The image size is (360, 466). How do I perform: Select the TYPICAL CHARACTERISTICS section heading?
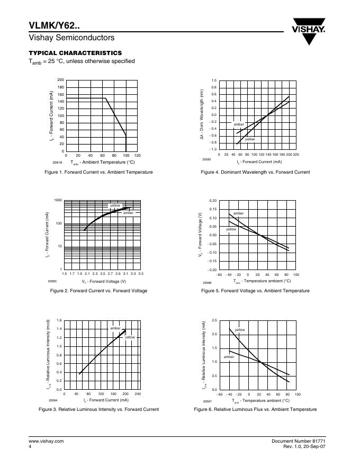(75, 53)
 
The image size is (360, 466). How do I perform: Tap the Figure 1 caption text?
(98, 172)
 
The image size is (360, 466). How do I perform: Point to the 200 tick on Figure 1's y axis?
(60, 80)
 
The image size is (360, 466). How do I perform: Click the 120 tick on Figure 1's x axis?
(137, 156)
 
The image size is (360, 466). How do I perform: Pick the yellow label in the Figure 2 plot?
(116, 205)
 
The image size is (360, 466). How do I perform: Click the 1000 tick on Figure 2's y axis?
(58, 200)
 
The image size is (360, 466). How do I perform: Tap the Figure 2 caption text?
(98, 291)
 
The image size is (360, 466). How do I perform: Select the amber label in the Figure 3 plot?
(115, 328)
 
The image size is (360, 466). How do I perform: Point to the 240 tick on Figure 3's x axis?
(138, 393)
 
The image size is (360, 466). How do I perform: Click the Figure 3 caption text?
(98, 409)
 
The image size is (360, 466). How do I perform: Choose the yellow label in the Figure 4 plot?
(250, 139)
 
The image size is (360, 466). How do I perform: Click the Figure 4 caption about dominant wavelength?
(255, 172)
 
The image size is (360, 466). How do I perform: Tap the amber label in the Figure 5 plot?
(238, 213)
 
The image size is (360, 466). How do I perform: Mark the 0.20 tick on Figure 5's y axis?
(213, 201)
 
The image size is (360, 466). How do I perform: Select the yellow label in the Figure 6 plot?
(240, 329)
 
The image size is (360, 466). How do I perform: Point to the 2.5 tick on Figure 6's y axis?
(214, 321)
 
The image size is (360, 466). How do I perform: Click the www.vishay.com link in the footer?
(46, 441)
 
